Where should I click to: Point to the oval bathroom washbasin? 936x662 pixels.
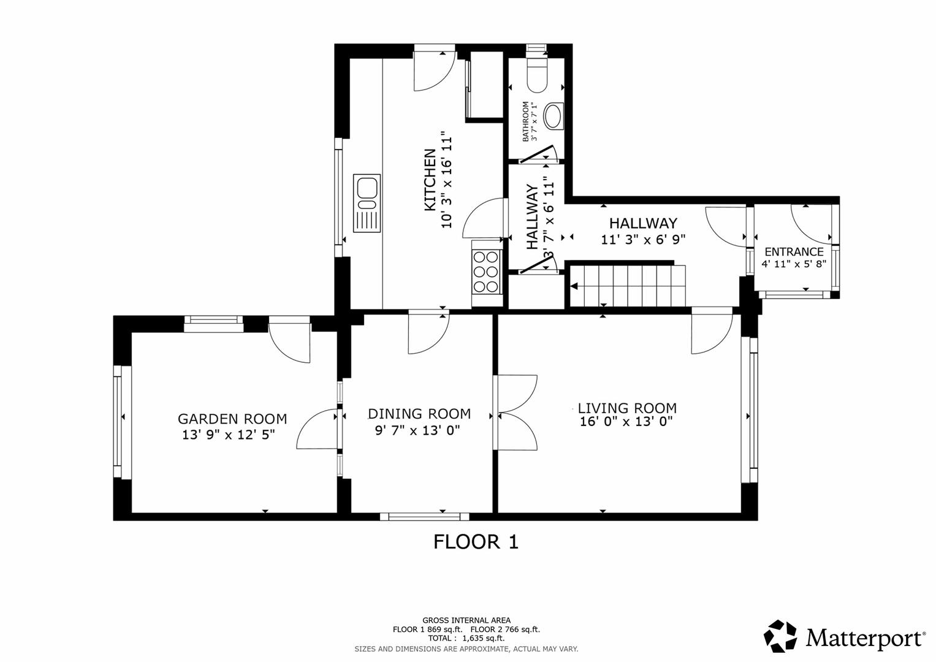click(554, 116)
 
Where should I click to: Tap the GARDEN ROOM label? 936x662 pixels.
click(232, 419)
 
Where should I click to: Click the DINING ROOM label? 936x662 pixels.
click(419, 414)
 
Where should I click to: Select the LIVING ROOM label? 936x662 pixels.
click(627, 408)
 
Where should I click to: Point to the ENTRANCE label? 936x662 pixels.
click(794, 252)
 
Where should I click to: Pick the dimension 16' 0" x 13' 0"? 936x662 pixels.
click(626, 422)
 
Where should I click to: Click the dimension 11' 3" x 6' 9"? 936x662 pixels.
click(642, 240)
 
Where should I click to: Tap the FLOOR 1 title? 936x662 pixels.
click(476, 542)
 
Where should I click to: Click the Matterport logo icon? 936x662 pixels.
click(780, 636)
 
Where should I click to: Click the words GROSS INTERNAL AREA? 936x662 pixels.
click(466, 620)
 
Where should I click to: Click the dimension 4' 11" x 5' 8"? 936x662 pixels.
click(794, 264)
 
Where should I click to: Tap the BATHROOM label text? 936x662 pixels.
click(525, 121)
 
